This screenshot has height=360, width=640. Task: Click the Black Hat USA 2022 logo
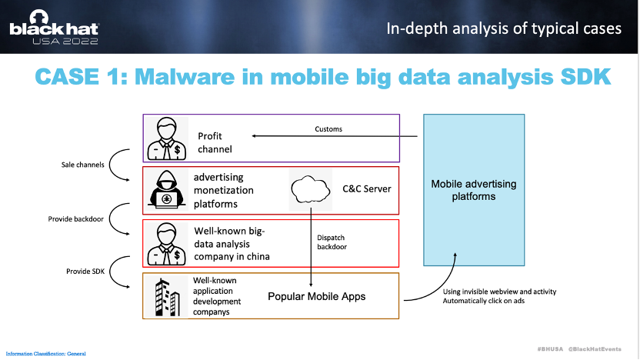coord(54,28)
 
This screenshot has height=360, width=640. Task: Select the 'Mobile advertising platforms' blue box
coord(474,190)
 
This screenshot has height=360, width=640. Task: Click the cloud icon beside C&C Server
coord(311,189)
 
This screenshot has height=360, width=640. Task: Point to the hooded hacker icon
coord(166,189)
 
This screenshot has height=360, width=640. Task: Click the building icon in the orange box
coord(166,297)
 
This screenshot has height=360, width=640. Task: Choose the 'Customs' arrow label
coord(328,129)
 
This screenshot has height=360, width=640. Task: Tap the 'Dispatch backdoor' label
coord(332,242)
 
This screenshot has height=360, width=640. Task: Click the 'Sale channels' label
coord(83,165)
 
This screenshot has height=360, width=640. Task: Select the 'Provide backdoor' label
coord(76,219)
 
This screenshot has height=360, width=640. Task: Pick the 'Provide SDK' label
coord(85,272)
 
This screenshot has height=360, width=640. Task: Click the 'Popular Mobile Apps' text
coord(317,297)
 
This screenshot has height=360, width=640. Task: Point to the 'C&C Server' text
coord(366,189)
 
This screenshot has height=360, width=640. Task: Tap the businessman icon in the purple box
coord(166,138)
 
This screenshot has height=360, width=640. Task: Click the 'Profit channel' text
coord(215,142)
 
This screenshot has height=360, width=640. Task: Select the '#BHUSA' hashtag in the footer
coord(550,349)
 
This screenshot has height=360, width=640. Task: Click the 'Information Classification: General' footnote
coord(45,354)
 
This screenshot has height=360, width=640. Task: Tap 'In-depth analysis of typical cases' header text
coord(504,28)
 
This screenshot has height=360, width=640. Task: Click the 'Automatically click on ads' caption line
coord(484,301)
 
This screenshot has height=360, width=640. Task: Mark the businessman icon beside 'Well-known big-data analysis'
coord(166,244)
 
